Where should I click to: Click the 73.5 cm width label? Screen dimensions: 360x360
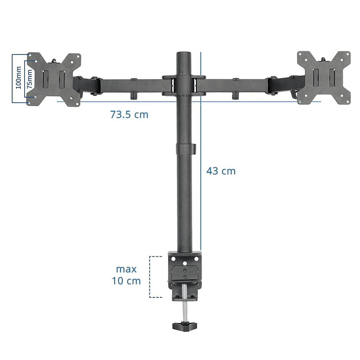tap(129, 114)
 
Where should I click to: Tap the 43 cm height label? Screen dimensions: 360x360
tap(221, 171)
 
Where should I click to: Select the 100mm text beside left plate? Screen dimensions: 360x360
tap(18, 78)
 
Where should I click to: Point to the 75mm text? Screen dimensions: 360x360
tap(29, 79)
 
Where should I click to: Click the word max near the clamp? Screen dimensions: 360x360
tap(126, 269)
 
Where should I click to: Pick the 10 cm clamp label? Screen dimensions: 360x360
tap(126, 281)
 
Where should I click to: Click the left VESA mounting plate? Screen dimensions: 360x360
tap(54, 79)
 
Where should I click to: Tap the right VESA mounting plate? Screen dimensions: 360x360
tap(324, 78)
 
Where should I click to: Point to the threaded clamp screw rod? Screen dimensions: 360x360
tap(185, 303)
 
